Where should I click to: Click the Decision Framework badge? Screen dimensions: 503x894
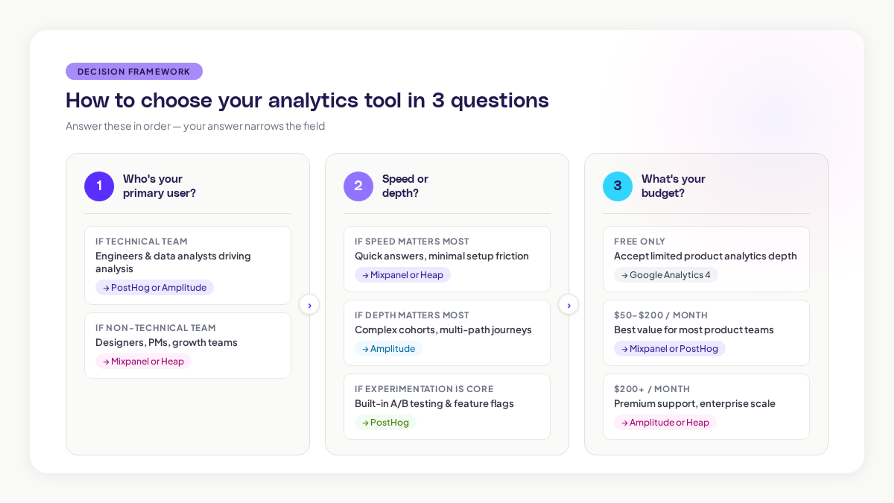click(134, 71)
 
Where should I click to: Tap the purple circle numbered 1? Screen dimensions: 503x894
click(99, 186)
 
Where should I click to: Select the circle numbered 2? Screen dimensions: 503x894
click(358, 186)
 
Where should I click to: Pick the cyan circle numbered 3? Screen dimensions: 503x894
click(617, 186)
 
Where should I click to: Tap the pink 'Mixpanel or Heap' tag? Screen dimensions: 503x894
click(143, 361)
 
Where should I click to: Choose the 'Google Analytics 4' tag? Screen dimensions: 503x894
click(666, 275)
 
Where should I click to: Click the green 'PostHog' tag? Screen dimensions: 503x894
click(385, 422)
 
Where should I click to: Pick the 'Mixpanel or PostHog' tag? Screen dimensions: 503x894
click(670, 349)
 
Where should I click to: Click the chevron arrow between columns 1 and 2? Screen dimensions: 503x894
click(309, 305)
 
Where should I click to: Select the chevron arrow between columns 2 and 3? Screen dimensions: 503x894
click(569, 305)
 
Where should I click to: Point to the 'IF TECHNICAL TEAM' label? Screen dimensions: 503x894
click(141, 241)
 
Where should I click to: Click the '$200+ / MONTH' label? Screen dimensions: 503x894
click(651, 389)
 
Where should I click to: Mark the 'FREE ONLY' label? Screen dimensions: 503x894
click(639, 241)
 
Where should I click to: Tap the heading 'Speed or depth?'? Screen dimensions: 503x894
click(405, 186)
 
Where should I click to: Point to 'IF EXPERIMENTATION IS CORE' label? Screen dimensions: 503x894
click(424, 389)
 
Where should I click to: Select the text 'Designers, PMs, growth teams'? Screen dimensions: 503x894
click(166, 343)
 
